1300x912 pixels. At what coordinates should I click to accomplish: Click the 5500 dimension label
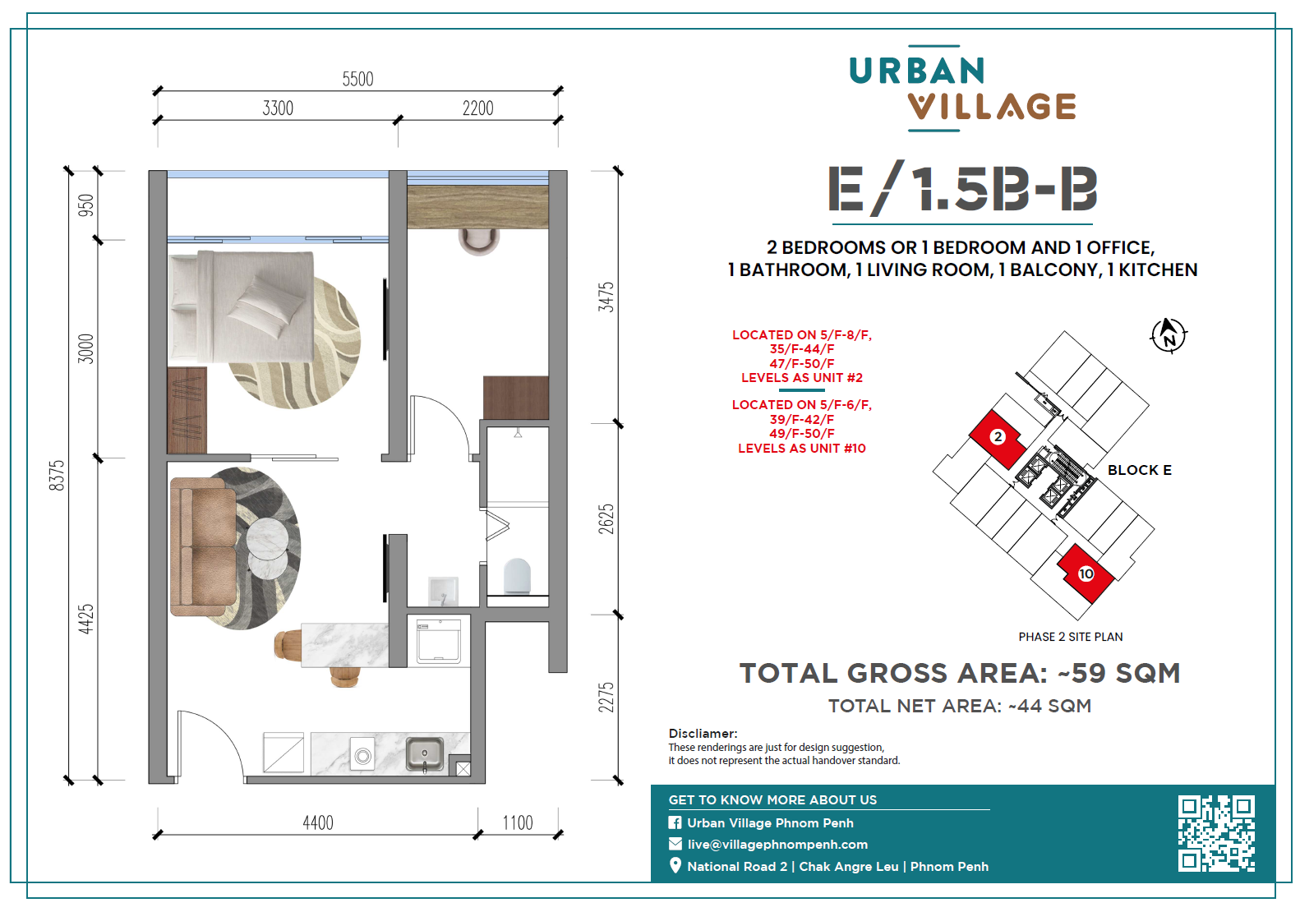pyautogui.click(x=357, y=79)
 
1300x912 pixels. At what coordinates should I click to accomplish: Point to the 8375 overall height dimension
pyautogui.click(x=57, y=476)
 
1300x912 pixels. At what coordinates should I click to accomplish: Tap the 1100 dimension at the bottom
pyautogui.click(x=518, y=822)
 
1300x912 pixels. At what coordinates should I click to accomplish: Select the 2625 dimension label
pyautogui.click(x=606, y=519)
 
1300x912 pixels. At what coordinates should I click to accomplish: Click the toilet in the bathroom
pyautogui.click(x=517, y=575)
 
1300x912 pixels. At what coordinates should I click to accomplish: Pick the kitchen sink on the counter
pyautogui.click(x=424, y=754)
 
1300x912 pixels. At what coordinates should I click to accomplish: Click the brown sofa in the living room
pyautogui.click(x=203, y=546)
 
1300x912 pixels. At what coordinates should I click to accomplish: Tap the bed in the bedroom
pyautogui.click(x=242, y=306)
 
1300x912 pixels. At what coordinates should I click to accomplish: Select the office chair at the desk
pyautogui.click(x=479, y=242)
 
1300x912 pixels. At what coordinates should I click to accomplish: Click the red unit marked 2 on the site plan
pyautogui.click(x=997, y=438)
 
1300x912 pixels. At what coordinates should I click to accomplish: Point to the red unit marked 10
pyautogui.click(x=1086, y=573)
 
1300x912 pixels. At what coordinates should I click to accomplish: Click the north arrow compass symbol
pyautogui.click(x=1169, y=335)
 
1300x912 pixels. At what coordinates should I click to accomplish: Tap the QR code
pyautogui.click(x=1216, y=833)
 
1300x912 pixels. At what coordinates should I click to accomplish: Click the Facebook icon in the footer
pyautogui.click(x=675, y=822)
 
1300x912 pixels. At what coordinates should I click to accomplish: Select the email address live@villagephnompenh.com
pyautogui.click(x=777, y=845)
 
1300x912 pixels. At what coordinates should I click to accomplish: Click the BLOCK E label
pyautogui.click(x=1139, y=470)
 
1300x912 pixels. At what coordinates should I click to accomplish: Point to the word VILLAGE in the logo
pyautogui.click(x=992, y=107)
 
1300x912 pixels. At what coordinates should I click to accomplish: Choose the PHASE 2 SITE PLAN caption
pyautogui.click(x=1070, y=637)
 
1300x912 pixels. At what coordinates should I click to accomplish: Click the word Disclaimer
pyautogui.click(x=703, y=734)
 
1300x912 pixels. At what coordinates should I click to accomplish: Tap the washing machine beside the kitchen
pyautogui.click(x=439, y=641)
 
